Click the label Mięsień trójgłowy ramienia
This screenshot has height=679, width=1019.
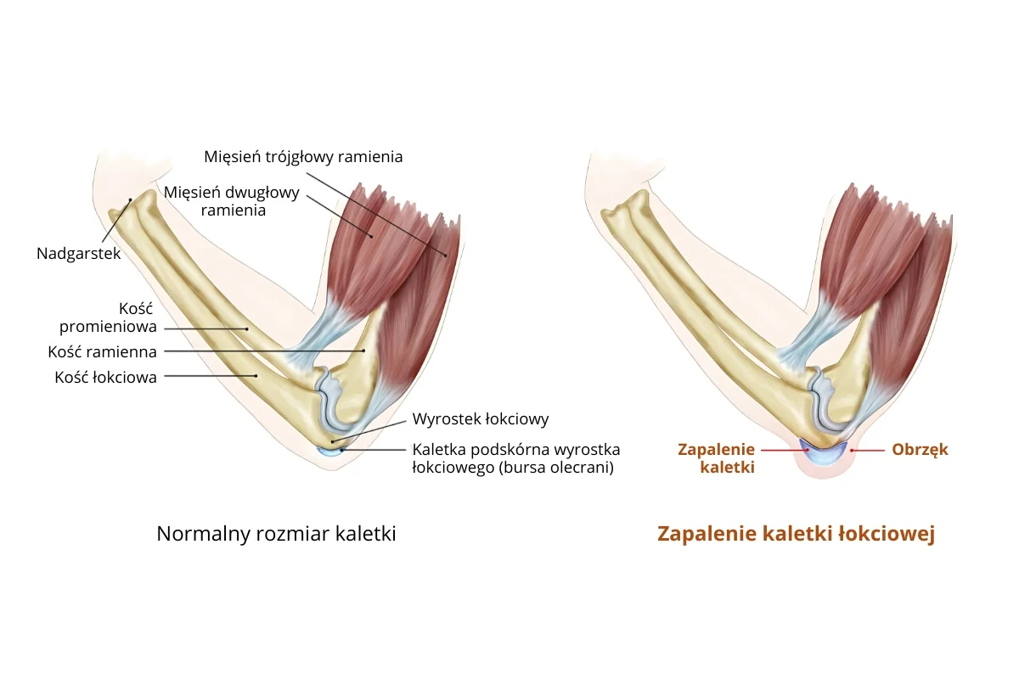pos(303,157)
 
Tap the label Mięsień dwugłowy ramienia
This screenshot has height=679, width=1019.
pos(232,200)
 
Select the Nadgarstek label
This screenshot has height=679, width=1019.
pos(79,253)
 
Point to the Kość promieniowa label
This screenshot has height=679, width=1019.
pos(108,318)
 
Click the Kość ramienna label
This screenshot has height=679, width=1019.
pos(103,351)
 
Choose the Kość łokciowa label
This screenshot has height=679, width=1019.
pos(106,378)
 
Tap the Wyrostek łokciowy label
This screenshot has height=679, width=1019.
pos(481,418)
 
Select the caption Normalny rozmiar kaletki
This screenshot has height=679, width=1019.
pos(276,534)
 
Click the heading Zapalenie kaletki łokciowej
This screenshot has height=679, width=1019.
pos(796,534)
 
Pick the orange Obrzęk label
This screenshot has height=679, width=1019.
pos(920,449)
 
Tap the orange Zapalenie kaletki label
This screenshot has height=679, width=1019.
pos(716,457)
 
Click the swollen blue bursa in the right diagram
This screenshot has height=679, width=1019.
pos(823,453)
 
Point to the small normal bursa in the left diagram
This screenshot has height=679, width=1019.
pos(328,451)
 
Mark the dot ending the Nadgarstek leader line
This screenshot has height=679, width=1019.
pos(130,200)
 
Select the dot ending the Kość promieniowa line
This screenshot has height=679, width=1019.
pos(247,329)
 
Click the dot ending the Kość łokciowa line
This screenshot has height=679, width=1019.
pos(256,374)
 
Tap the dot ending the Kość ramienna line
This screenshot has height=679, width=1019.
pos(363,351)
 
